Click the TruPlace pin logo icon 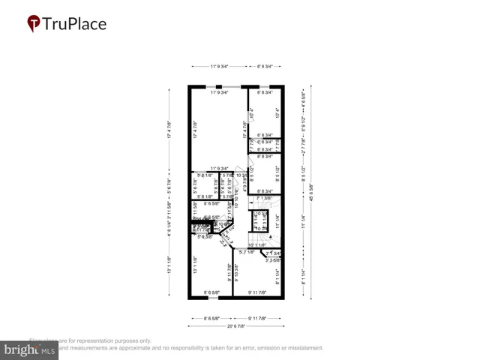(34, 24)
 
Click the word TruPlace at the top (74, 24)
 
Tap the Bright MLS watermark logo (30, 349)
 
